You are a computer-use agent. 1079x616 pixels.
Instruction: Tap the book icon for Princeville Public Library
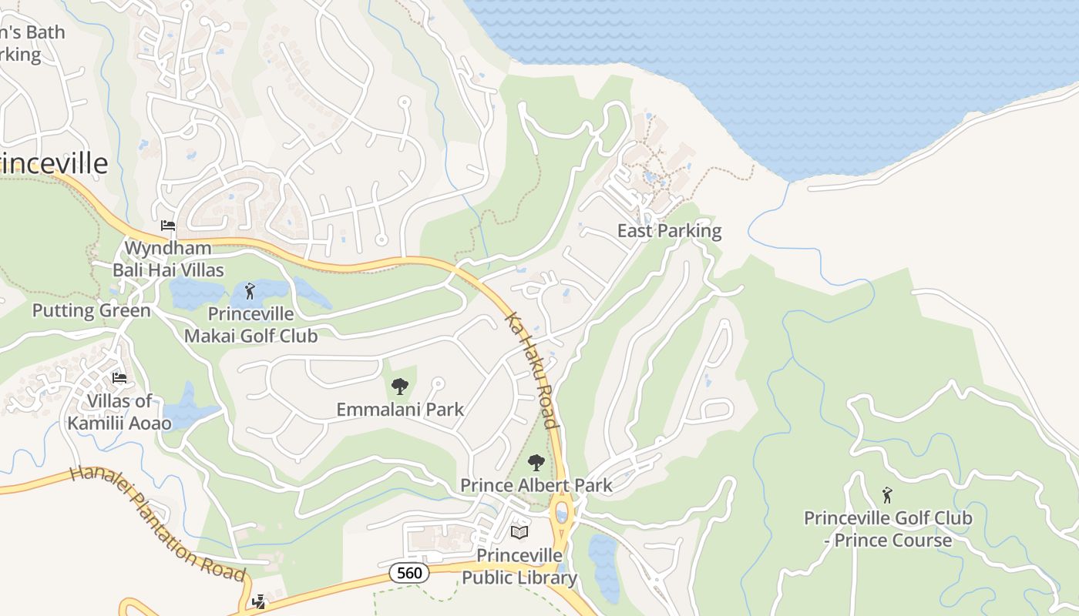point(519,533)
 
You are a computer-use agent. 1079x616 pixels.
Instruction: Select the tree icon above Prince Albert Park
point(536,463)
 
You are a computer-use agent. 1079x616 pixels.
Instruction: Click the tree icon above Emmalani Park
point(399,387)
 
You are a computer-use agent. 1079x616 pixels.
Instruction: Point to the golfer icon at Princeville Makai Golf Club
point(249,291)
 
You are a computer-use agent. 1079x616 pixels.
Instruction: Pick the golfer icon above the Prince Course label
point(886,495)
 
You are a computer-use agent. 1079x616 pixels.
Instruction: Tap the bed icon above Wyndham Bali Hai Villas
point(167,226)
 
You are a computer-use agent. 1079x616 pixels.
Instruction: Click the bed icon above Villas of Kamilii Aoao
point(119,378)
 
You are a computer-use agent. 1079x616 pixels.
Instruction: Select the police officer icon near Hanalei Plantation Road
point(259,601)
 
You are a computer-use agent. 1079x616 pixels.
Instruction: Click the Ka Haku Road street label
point(531,370)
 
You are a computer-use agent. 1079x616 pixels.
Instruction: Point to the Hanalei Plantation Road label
point(157,524)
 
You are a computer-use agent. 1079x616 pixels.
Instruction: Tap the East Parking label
point(669,231)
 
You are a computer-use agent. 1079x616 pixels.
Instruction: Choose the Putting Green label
point(91,311)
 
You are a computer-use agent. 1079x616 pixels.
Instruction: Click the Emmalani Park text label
point(400,410)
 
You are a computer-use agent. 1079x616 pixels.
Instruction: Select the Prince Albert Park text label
point(536,485)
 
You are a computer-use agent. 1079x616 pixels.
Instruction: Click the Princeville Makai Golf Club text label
point(250,325)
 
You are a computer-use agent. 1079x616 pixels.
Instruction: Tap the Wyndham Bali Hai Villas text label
point(168,259)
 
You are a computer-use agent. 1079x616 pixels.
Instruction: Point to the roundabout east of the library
point(563,512)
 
